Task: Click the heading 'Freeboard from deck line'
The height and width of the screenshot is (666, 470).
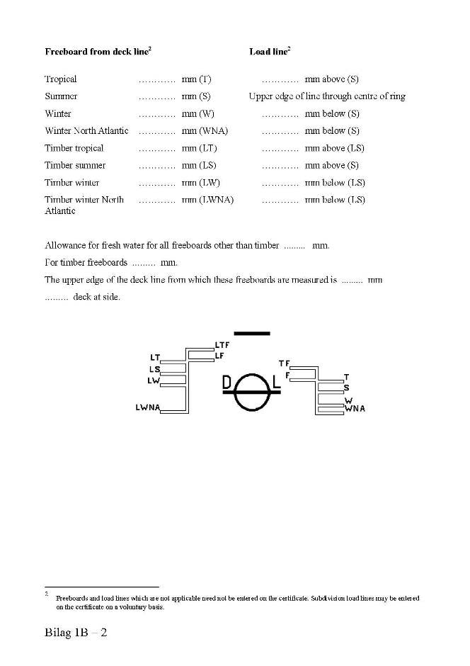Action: [x=96, y=52]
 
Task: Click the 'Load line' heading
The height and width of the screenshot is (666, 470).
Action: [x=268, y=52]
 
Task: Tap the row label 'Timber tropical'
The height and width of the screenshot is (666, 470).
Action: [x=74, y=148]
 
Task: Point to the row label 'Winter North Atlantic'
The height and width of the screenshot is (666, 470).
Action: [x=86, y=131]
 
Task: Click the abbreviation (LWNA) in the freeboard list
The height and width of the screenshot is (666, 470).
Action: [x=216, y=200]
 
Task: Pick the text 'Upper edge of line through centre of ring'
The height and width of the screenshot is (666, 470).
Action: [x=327, y=96]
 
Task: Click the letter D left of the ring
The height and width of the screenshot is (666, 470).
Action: [x=227, y=383]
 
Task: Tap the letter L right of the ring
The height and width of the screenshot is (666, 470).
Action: [x=276, y=383]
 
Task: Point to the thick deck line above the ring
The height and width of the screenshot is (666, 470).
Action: [x=251, y=333]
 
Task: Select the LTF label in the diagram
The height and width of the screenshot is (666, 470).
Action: [x=222, y=345]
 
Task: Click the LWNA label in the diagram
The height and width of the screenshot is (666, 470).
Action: [x=147, y=407]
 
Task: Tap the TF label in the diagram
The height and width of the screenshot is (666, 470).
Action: [x=285, y=363]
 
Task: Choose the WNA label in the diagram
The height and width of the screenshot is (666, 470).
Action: [x=355, y=409]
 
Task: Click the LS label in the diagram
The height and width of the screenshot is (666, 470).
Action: [x=154, y=369]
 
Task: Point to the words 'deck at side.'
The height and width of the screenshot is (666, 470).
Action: [x=96, y=297]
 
